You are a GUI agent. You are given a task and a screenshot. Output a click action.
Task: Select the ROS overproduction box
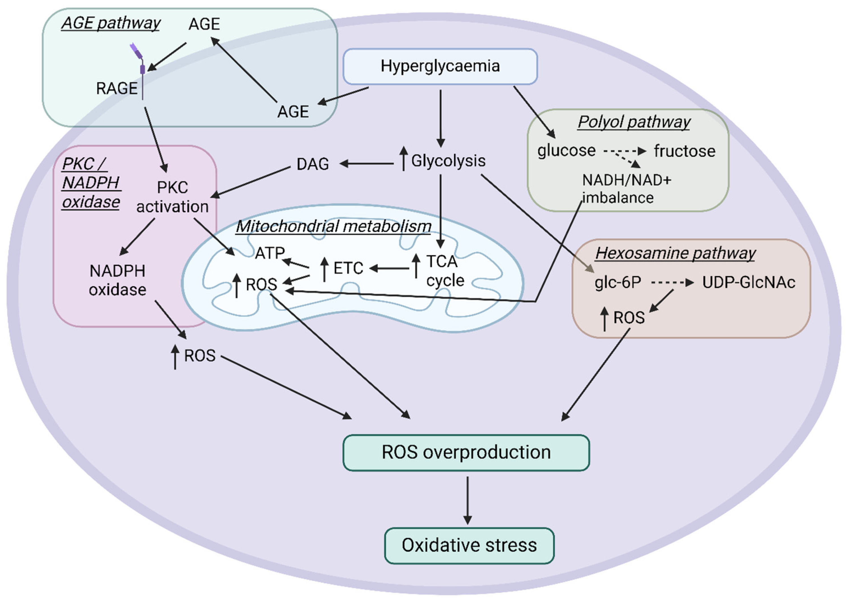pos(466,453)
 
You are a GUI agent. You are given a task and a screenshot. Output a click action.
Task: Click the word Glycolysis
pos(448,161)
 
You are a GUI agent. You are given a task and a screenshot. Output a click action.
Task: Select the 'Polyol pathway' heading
pos(634,122)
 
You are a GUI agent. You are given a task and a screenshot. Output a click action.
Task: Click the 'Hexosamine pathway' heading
pos(675,253)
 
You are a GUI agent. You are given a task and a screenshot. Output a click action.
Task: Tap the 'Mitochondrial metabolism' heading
pos(334,226)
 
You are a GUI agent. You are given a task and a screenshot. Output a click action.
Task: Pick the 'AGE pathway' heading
pos(111,23)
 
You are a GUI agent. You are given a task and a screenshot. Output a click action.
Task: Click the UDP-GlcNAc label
pos(749,282)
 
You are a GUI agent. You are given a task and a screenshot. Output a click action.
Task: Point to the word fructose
pos(685,151)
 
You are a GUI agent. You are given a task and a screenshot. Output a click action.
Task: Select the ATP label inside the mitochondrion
pos(270,253)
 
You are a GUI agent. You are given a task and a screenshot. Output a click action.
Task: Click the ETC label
pos(348,268)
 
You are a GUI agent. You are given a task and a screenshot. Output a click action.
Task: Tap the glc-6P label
pos(618,283)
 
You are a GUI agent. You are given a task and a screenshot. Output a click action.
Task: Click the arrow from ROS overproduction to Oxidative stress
pos(467,500)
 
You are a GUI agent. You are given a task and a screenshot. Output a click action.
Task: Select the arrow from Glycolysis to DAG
pos(366,163)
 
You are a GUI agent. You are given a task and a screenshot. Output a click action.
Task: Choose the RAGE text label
pos(117,89)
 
